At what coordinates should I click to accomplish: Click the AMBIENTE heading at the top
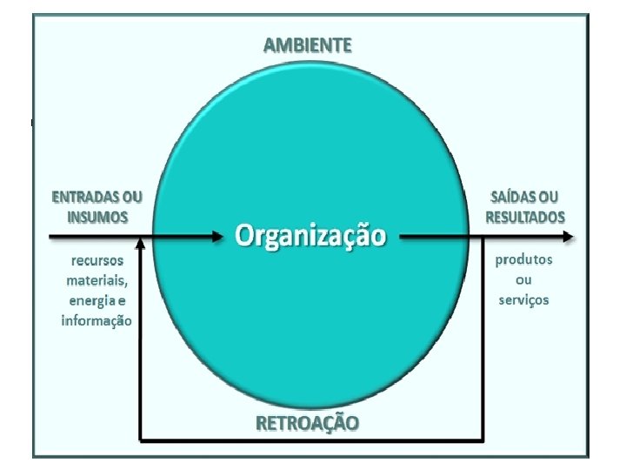coord(308,45)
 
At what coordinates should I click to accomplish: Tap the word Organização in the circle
coord(310,236)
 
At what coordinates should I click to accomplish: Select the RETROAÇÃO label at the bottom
coord(308,423)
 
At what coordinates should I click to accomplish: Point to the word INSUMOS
coord(93,216)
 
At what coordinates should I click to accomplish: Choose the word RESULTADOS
coord(524,216)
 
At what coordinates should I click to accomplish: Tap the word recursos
coord(97,260)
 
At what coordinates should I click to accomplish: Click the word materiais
coord(97,280)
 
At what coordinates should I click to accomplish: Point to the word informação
coord(97,320)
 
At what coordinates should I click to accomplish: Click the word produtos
coord(523,260)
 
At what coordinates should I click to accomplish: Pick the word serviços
coord(523,300)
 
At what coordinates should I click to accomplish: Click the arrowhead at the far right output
coord(567,236)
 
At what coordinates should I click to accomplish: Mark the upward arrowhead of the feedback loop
coord(140,245)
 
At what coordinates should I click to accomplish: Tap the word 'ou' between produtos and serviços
coord(523,280)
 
